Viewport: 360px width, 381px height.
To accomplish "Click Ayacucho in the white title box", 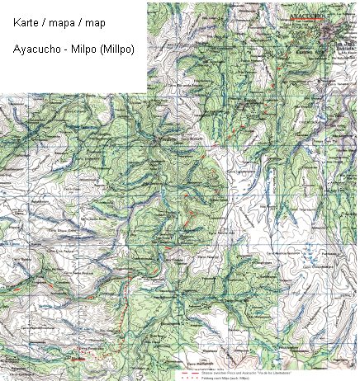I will tap(36, 49).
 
